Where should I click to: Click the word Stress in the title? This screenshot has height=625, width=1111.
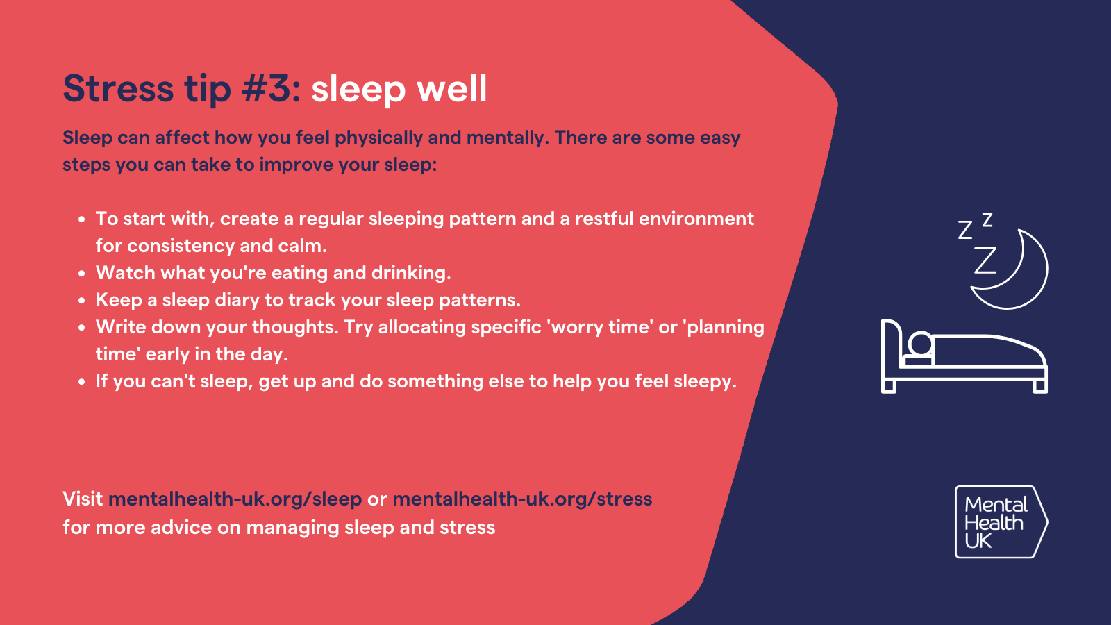click(118, 88)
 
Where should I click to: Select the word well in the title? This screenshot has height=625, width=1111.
click(452, 88)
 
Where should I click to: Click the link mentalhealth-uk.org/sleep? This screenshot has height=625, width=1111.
click(235, 499)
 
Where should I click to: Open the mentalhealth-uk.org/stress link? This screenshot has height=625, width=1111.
click(522, 499)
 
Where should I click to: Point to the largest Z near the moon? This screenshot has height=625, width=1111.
click(985, 260)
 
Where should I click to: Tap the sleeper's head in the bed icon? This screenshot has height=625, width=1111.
click(921, 343)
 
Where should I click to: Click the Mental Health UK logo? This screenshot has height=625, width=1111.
click(1001, 522)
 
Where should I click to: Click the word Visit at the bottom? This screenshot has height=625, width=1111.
click(83, 499)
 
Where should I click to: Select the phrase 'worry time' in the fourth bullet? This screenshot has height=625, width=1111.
click(600, 327)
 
